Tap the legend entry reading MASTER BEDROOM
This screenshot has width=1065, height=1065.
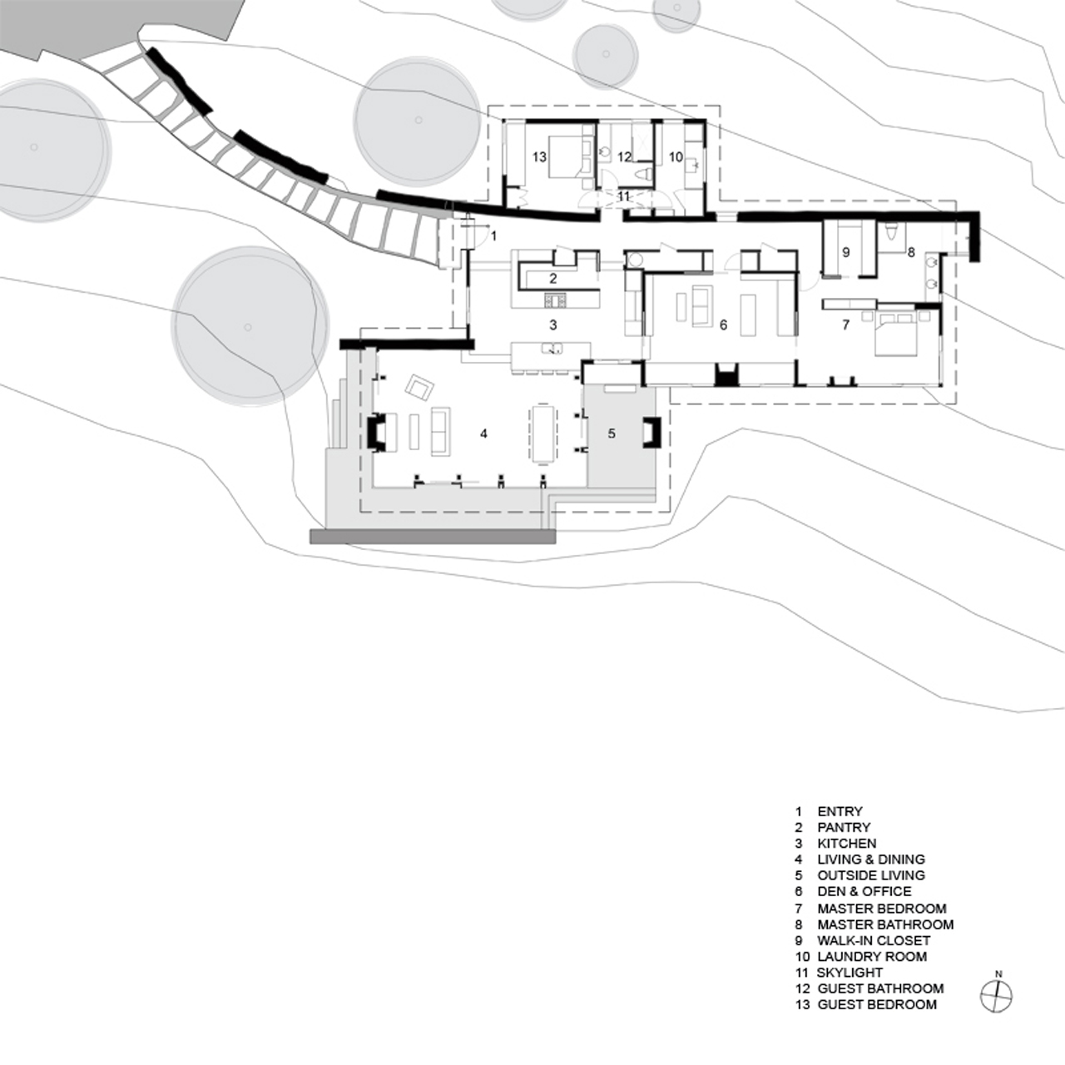pyautogui.click(x=881, y=909)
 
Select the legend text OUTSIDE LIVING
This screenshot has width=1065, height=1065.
pyautogui.click(x=871, y=875)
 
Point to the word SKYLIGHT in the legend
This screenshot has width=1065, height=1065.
pyautogui.click(x=850, y=973)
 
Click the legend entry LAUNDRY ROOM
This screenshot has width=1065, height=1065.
pyautogui.click(x=872, y=956)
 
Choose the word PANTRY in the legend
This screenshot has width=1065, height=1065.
pyautogui.click(x=844, y=827)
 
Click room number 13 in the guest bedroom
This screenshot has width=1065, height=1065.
pyautogui.click(x=539, y=157)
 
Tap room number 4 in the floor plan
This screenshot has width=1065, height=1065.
pyautogui.click(x=483, y=433)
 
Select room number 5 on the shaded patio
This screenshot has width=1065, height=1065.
pyautogui.click(x=612, y=433)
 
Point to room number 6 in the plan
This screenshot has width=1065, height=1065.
pyautogui.click(x=723, y=325)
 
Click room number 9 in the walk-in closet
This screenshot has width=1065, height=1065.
pyautogui.click(x=845, y=252)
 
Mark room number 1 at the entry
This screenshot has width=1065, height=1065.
pyautogui.click(x=494, y=236)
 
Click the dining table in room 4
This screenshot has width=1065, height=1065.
pyautogui.click(x=544, y=433)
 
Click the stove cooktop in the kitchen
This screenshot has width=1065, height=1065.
pyautogui.click(x=555, y=300)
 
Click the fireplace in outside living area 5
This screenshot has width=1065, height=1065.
pyautogui.click(x=651, y=432)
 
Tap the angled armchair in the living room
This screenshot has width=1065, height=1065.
pyautogui.click(x=419, y=387)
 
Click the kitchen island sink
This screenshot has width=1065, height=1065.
pyautogui.click(x=552, y=348)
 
